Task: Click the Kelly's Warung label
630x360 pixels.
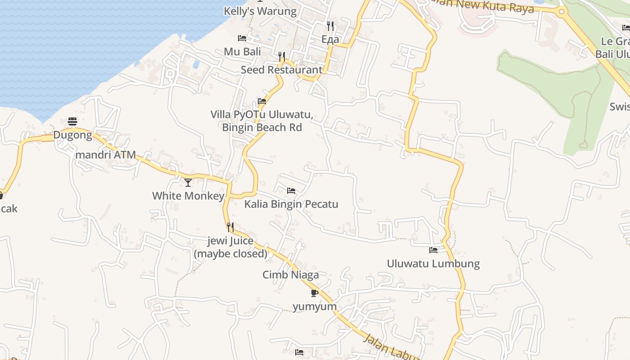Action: (x=260, y=11)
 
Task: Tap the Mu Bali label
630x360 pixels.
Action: (x=242, y=52)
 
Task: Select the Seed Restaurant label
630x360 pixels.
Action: (x=282, y=70)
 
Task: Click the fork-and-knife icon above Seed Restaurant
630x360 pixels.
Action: (x=282, y=56)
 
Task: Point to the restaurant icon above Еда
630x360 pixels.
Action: (x=330, y=26)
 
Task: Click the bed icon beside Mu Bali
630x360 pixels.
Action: (x=242, y=38)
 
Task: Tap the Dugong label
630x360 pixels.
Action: (x=72, y=135)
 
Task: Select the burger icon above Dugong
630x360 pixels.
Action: (x=72, y=121)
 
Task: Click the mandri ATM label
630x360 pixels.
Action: (x=105, y=155)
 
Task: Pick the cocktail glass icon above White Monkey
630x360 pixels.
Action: (x=188, y=182)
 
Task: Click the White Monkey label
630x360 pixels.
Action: (x=188, y=196)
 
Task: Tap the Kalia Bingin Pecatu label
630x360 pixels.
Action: (x=291, y=204)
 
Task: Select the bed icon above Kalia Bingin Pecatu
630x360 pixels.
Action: (x=291, y=191)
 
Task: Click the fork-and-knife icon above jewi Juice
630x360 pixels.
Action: (x=230, y=227)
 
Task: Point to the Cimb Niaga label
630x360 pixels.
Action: (x=291, y=274)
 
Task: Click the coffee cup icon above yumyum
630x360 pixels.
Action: (x=315, y=293)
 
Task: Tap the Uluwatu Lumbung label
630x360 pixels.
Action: (x=433, y=263)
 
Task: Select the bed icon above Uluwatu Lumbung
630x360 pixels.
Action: (x=433, y=250)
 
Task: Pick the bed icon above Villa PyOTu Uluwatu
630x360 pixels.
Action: (x=262, y=101)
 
